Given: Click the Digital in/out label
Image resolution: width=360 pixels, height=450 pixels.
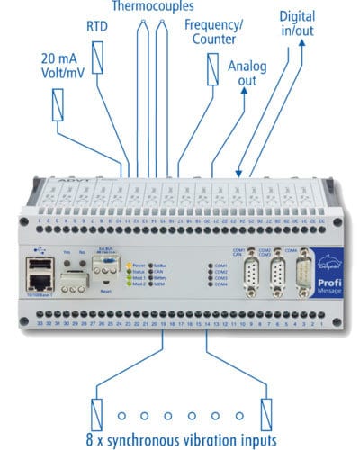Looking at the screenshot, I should (297, 25).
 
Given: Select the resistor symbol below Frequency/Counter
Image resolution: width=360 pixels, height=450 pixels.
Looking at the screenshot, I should (212, 69).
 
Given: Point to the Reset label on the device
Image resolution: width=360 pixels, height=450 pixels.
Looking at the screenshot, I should (105, 292).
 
